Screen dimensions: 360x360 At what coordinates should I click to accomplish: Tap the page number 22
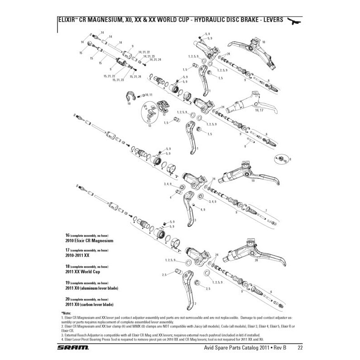tap(300, 348)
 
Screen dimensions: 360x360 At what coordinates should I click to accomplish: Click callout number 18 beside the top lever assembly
tap(263, 42)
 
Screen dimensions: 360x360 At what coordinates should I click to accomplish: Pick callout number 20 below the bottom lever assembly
tap(256, 261)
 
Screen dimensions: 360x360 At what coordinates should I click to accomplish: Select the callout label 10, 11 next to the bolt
tap(148, 95)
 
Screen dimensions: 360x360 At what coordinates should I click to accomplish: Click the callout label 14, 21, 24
tap(155, 60)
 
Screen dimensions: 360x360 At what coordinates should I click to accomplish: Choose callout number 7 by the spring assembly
tap(266, 211)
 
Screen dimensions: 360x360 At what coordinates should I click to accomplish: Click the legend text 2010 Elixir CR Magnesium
tap(89, 241)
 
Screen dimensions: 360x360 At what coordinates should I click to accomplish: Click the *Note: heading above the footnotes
tap(66, 313)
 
